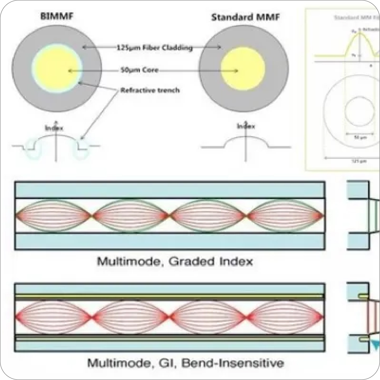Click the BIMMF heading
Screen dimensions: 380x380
click(57, 16)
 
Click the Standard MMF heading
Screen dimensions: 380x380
click(245, 17)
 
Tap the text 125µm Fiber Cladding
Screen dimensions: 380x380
click(155, 48)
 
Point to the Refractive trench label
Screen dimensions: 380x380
click(150, 90)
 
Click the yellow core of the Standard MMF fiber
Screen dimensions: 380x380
click(243, 71)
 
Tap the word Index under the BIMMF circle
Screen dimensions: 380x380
click(54, 128)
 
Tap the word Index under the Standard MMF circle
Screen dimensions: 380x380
click(246, 126)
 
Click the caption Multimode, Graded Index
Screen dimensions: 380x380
click(175, 262)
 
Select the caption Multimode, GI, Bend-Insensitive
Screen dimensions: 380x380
click(185, 363)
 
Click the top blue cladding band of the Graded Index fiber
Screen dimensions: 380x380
click(169, 190)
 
